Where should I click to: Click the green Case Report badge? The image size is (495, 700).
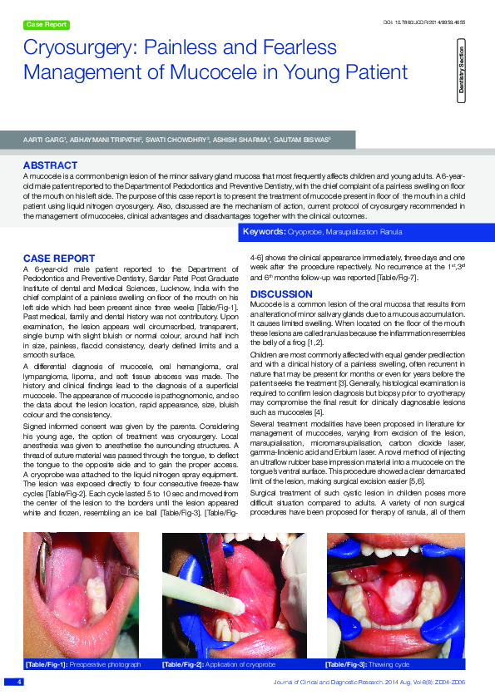click(47, 25)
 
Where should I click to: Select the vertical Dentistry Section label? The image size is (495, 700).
click(461, 71)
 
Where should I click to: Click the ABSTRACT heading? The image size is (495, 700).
click(51, 165)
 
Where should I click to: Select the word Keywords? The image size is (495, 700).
click(263, 229)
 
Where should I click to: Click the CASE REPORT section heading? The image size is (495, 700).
click(59, 259)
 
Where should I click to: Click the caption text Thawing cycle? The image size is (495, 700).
click(389, 665)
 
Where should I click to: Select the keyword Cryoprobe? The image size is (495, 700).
click(304, 229)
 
